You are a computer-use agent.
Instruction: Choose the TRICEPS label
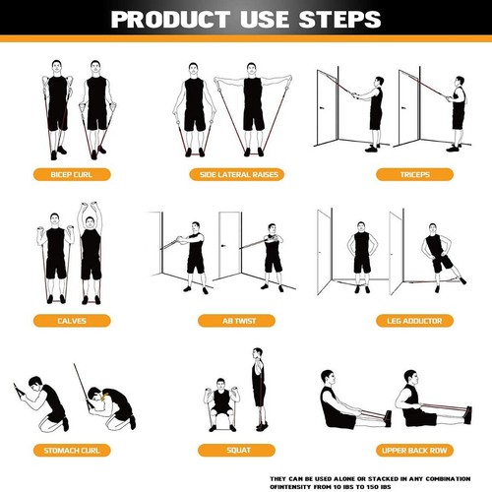(405, 175)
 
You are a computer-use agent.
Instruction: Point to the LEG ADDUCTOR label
(405, 321)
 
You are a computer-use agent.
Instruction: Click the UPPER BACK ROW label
(405, 450)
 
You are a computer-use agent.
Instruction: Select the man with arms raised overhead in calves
(91, 253)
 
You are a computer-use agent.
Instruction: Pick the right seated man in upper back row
(413, 404)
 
